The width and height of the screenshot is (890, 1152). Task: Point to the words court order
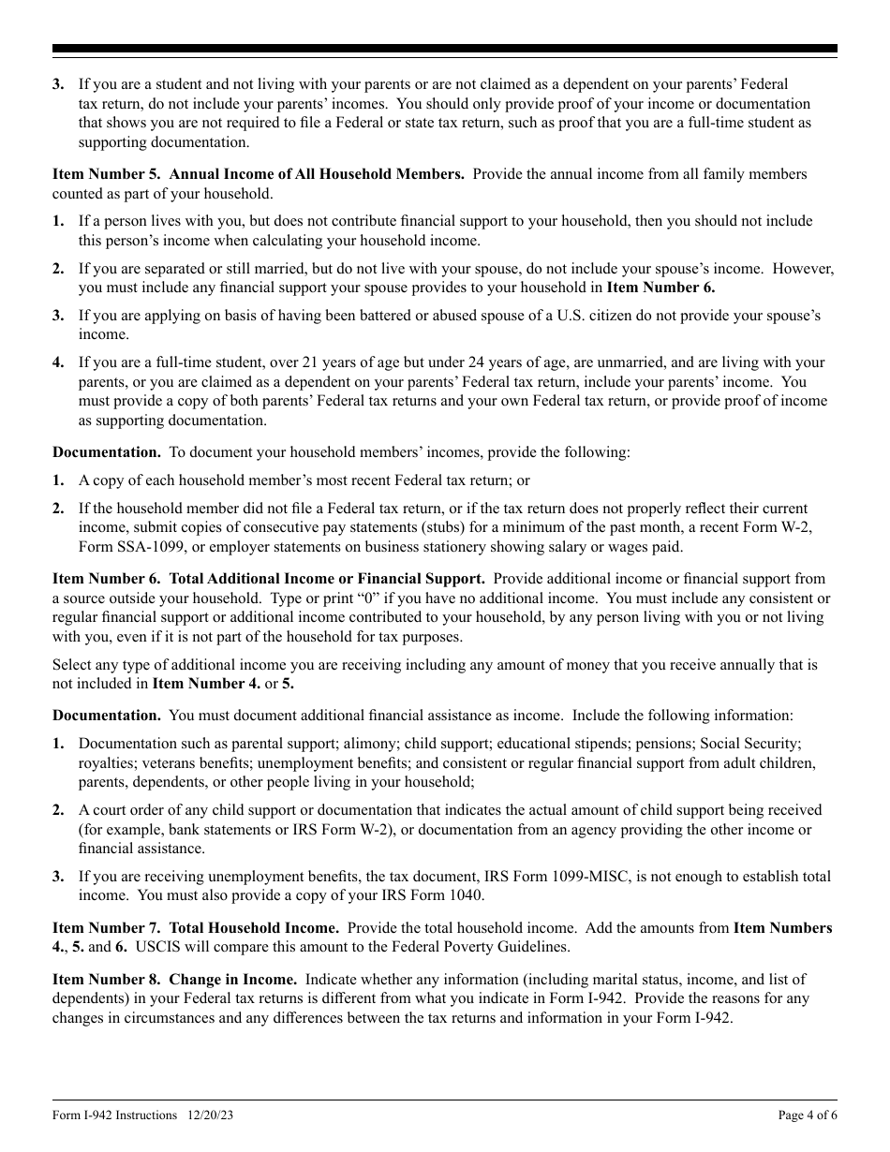pyautogui.click(x=131, y=810)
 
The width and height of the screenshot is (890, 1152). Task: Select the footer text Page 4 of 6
pyautogui.click(x=808, y=1115)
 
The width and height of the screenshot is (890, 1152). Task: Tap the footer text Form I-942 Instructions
pyautogui.click(x=115, y=1115)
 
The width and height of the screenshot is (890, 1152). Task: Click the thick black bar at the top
pyautogui.click(x=445, y=49)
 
